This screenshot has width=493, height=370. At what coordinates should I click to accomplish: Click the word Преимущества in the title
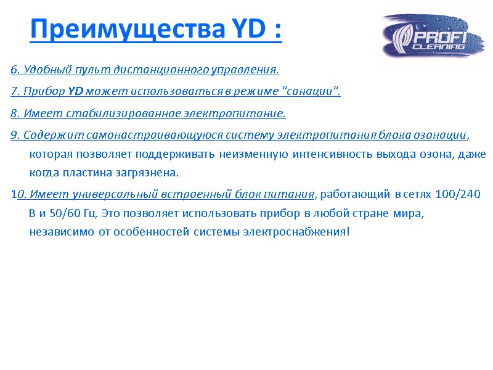point(123,29)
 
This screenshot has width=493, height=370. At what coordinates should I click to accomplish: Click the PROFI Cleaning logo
point(432,36)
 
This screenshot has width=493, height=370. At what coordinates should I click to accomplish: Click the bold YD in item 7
point(75,92)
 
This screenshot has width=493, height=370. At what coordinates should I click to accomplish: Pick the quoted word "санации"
point(311,92)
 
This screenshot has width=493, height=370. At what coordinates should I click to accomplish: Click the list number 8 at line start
point(14,114)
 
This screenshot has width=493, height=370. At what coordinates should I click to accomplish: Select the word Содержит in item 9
point(44,136)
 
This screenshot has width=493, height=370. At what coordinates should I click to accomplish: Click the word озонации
point(439,136)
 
